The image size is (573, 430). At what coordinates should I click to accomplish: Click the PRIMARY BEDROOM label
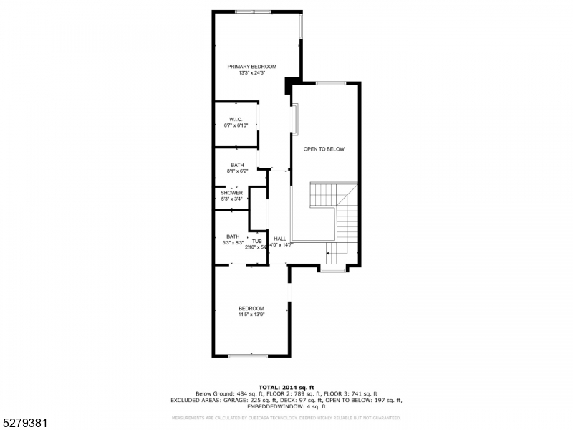[x=251, y=66]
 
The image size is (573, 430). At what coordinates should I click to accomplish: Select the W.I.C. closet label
[x=236, y=119]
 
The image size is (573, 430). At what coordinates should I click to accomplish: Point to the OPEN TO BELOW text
[x=324, y=149]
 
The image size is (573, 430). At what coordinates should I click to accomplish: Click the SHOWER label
[x=231, y=193]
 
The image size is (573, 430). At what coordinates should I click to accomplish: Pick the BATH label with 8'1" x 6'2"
[x=237, y=165]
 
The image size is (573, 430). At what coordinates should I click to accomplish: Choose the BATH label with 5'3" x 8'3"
[x=233, y=236]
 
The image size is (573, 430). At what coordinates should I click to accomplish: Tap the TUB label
[x=256, y=242]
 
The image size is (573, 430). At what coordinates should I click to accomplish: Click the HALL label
[x=279, y=239]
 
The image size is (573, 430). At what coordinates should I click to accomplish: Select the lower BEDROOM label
[x=251, y=308]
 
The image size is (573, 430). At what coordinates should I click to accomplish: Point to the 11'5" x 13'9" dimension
[x=251, y=315]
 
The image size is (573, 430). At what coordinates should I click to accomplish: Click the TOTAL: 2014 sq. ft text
[x=286, y=387]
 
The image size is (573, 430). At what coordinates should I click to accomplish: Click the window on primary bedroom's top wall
[x=253, y=11]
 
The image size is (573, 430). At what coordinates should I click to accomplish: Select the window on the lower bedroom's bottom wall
[x=249, y=355]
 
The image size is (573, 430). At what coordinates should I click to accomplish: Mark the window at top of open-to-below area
[x=331, y=83]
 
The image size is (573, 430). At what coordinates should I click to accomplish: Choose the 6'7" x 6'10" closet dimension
[x=236, y=125]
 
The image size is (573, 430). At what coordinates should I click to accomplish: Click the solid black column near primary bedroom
[x=289, y=86]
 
